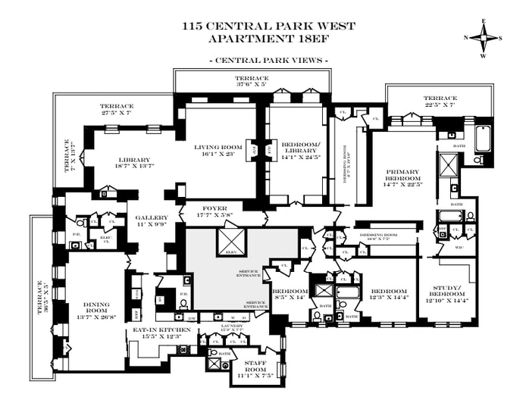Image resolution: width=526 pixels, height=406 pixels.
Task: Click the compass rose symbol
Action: coord(484,36)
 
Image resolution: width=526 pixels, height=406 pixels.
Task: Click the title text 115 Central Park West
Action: coord(268,26)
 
